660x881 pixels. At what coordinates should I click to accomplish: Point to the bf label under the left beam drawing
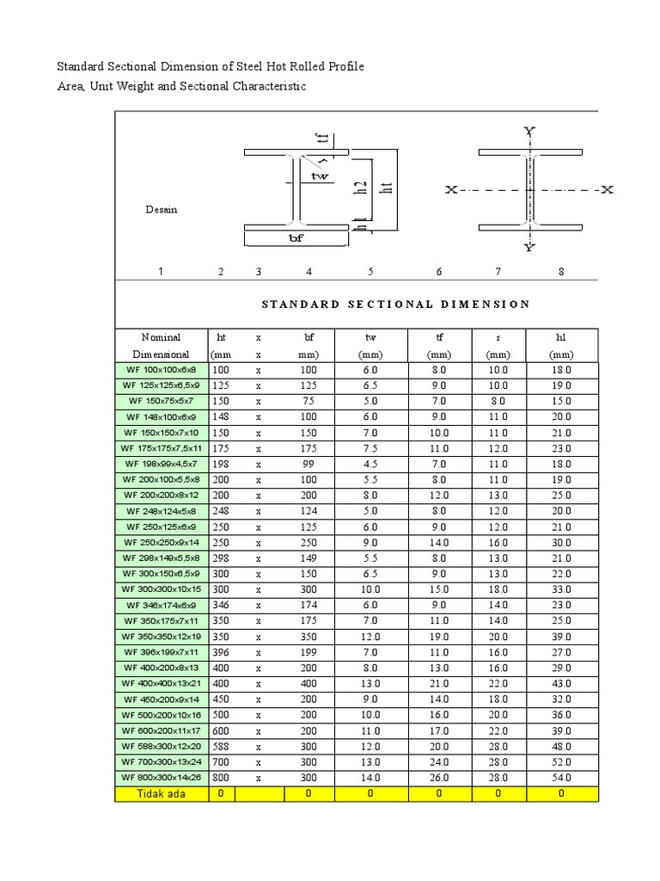(295, 239)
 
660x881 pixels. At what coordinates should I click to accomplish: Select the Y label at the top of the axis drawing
(529, 131)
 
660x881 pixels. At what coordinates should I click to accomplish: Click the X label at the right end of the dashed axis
(607, 189)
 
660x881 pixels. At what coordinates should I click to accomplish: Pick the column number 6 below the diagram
(438, 272)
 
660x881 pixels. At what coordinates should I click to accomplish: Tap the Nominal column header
(162, 337)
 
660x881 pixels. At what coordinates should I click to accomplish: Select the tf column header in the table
(438, 337)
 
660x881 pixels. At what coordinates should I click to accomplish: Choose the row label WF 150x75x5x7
(162, 401)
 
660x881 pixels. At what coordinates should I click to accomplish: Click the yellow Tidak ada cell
(162, 794)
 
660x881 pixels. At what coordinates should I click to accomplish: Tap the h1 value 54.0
(561, 777)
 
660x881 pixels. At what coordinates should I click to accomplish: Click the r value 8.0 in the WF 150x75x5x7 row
(498, 401)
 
